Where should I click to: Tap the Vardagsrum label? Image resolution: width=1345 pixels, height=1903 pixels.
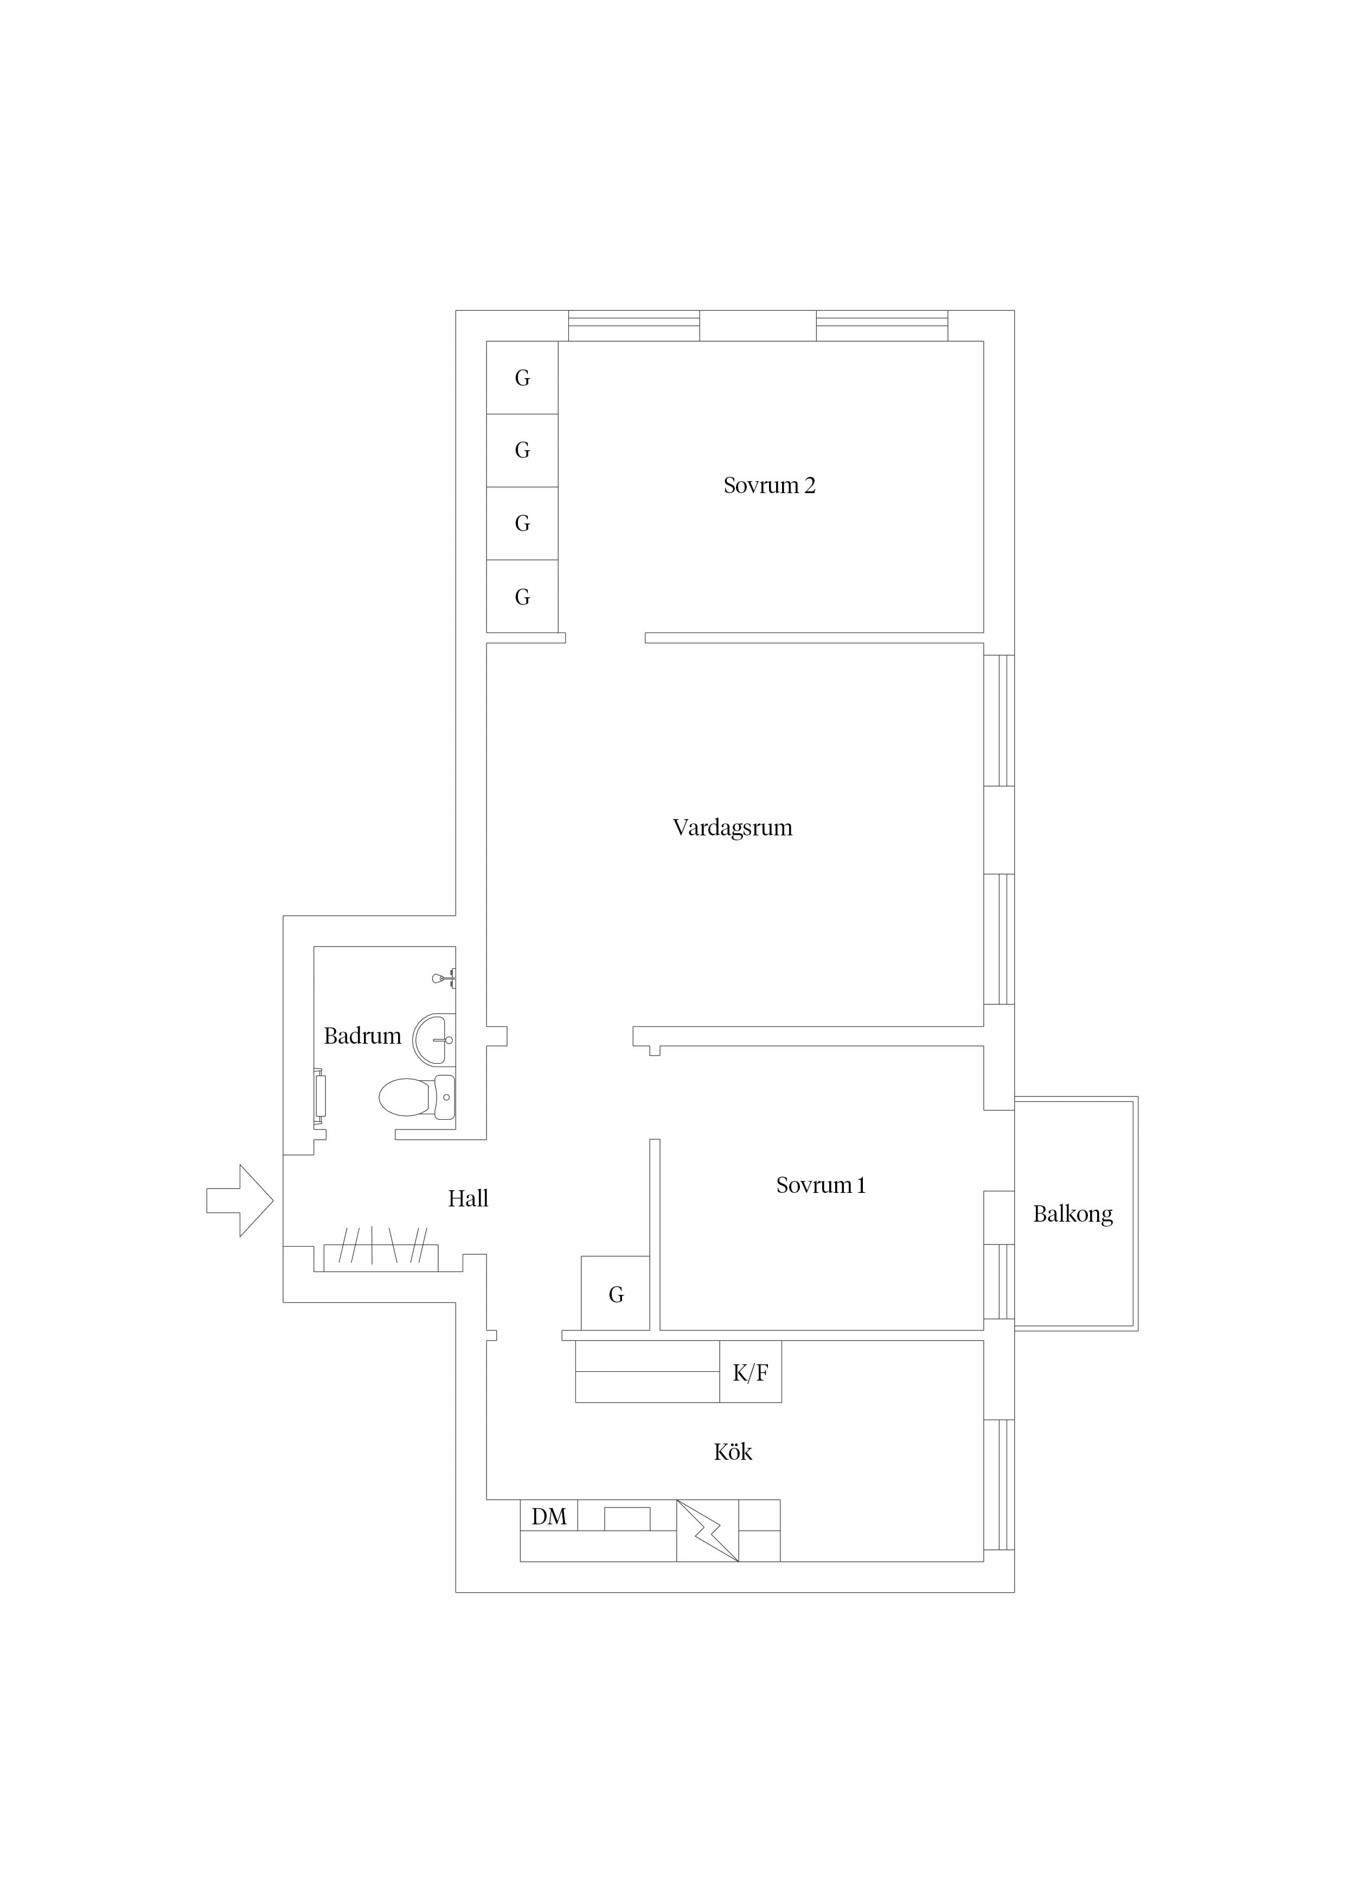(733, 828)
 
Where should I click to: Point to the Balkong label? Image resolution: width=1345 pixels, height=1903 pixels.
(1072, 1214)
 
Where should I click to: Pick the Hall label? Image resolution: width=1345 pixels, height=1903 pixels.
(468, 1198)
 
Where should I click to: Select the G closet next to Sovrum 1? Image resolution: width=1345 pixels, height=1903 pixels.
(615, 1293)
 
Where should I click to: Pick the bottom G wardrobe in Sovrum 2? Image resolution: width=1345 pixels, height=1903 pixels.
(522, 597)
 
